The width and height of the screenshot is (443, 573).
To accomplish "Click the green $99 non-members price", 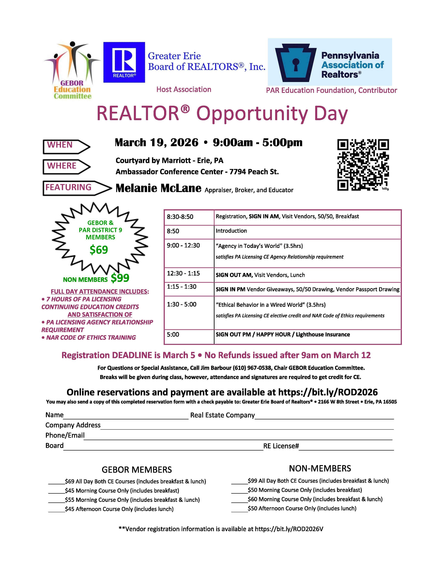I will [120, 278].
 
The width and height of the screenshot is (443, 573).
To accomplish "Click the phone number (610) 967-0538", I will [252, 368].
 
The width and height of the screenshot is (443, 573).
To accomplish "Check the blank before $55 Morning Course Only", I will [56, 500].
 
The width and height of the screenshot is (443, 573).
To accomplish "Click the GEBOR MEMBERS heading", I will [137, 469].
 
